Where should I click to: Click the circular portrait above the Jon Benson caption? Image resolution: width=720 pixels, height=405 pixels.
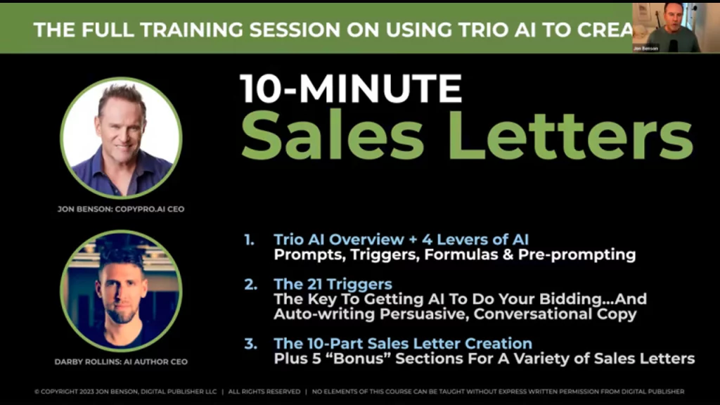coord(121,139)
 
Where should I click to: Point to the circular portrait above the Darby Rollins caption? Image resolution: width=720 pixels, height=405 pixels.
coord(121,291)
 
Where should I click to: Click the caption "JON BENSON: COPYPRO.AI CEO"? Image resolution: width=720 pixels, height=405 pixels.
coord(121,209)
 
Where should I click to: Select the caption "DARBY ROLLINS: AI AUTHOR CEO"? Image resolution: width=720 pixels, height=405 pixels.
coord(121,361)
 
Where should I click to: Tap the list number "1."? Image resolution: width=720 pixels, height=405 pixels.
coord(250,239)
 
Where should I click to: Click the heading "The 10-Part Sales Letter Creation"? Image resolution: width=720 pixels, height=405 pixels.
coord(403,344)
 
